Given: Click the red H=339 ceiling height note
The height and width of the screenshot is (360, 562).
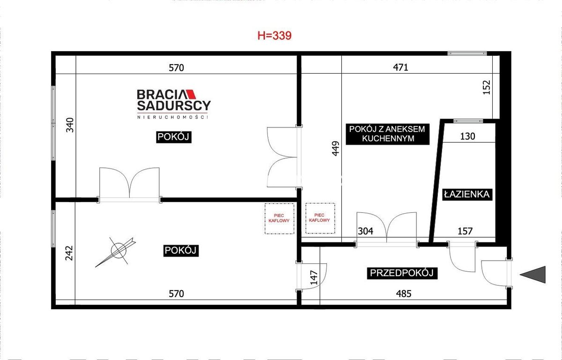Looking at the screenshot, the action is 274,36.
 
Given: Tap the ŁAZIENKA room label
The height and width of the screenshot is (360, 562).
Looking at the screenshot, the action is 467,195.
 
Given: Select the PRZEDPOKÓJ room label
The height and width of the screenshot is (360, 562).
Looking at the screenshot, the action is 402,273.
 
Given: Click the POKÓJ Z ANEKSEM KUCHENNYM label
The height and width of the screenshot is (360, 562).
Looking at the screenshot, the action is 387,134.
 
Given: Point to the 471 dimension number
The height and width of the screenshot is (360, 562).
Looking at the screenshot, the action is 400,67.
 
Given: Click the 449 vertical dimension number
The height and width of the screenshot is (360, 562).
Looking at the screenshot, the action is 335,149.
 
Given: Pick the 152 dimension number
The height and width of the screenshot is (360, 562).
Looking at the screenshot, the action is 487,87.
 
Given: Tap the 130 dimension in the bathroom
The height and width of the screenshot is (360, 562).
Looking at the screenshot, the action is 468,136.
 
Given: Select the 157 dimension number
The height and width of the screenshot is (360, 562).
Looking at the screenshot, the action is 465,231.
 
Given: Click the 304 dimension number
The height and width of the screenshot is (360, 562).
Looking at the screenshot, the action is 366,231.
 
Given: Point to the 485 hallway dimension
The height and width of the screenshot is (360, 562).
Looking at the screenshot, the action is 404,293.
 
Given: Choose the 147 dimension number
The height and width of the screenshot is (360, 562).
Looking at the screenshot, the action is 314,277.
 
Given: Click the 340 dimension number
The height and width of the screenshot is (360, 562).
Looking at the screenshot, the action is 70,125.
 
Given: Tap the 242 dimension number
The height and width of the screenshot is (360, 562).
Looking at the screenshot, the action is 69,253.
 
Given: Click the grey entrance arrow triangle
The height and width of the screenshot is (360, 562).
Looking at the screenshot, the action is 532,275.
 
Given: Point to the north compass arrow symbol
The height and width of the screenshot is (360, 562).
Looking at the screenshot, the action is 116,252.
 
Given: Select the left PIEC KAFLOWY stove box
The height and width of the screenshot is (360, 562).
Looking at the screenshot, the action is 279,218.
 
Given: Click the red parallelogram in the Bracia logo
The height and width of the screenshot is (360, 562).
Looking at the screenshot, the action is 191,94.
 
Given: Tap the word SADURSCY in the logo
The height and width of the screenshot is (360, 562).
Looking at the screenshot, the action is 174,105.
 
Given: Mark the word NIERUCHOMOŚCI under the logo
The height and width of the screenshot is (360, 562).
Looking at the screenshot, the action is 173,117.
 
